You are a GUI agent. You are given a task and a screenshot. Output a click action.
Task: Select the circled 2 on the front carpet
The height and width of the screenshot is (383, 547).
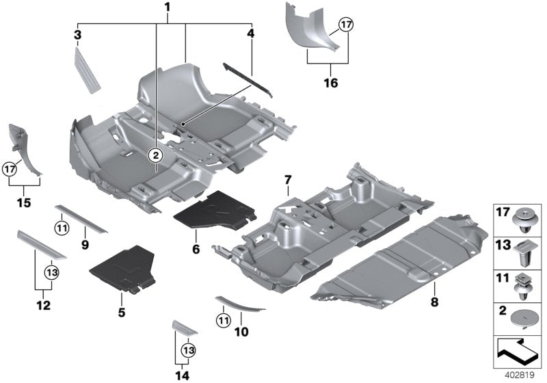156,155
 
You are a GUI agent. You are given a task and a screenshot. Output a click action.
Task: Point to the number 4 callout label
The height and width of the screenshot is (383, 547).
250,33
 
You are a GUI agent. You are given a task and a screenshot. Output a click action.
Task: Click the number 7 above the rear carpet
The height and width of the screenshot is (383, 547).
287,180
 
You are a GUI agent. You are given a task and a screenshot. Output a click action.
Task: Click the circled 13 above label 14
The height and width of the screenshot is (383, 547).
187,349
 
